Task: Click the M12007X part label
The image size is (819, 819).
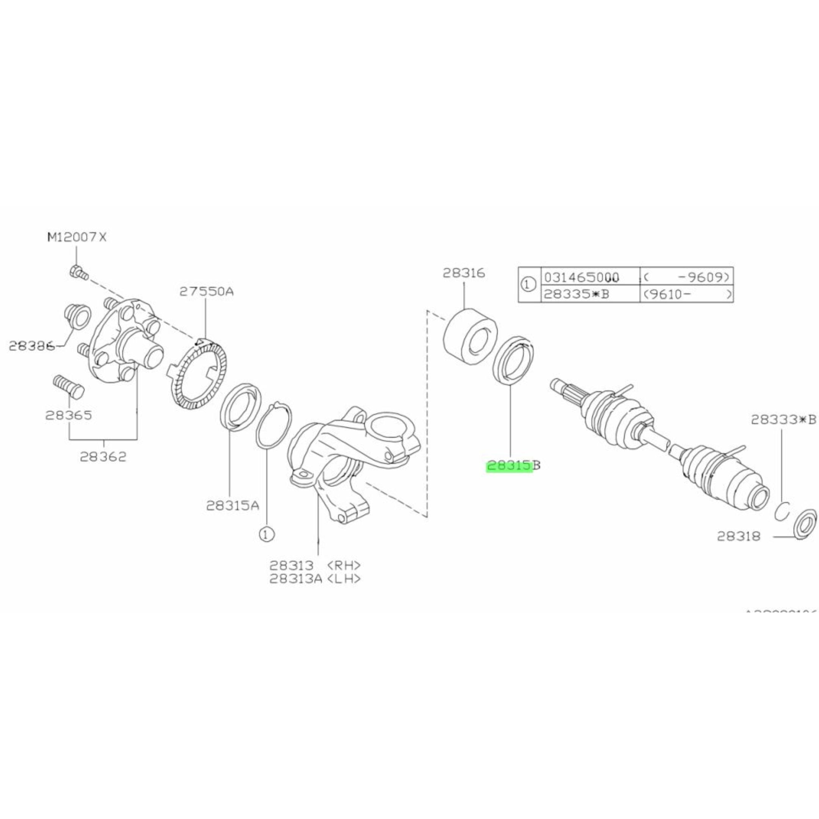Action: pos(77,237)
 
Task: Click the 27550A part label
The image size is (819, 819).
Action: pos(206,291)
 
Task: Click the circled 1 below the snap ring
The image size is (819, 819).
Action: pos(266,534)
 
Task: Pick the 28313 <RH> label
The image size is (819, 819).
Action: pos(315,565)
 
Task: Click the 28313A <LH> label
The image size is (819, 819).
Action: pos(315,579)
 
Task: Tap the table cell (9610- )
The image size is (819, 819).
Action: pos(686,294)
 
